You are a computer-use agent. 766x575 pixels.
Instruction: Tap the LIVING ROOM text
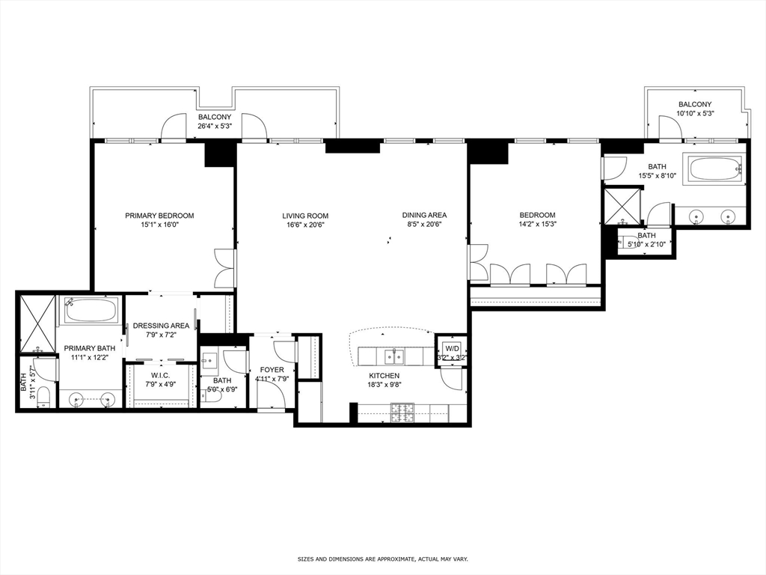coord(305,216)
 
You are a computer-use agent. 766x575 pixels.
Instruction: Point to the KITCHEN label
coord(384,376)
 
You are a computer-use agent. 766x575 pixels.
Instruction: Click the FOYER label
coord(272,370)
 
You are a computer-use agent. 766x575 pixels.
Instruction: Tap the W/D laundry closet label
coord(452,348)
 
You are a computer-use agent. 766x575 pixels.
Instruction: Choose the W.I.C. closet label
coord(161,375)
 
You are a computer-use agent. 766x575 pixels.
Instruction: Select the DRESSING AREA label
coord(161,326)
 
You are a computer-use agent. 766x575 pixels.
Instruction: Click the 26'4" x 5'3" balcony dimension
coord(215,127)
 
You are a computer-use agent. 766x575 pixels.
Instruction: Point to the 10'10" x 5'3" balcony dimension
coord(695,114)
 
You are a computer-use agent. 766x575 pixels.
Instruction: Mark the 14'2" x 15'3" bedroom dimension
coord(537,224)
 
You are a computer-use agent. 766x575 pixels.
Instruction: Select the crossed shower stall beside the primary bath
coord(37,323)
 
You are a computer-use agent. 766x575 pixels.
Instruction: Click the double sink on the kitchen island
coord(394,354)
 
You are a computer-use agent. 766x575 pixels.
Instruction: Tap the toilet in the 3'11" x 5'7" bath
coord(43,395)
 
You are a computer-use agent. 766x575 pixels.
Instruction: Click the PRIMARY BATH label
coord(89,348)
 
